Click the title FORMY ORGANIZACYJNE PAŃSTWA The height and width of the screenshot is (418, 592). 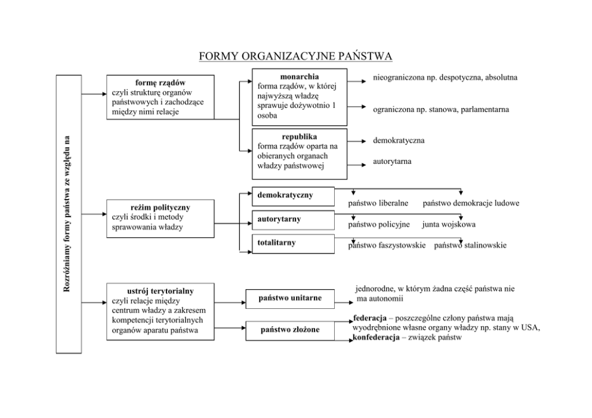(295, 57)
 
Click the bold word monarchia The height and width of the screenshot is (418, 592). (299, 77)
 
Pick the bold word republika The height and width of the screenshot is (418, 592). (299, 136)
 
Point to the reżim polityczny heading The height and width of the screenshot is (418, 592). (160, 208)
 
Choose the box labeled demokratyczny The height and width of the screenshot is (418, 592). (292, 196)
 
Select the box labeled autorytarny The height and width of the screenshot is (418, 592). (292, 219)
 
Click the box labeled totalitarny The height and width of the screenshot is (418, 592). (292, 243)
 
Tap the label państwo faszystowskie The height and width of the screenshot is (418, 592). (387, 245)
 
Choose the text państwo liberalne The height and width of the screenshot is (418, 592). (378, 203)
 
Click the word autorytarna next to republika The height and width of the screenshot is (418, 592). (392, 162)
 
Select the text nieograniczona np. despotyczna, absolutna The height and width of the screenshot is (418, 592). (445, 78)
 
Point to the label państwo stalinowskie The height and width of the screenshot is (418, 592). (470, 245)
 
